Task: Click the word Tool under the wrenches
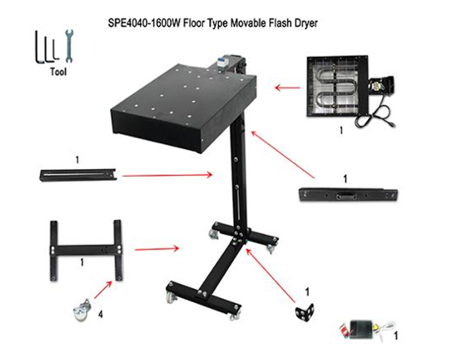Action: coord(58,72)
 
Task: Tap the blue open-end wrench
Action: coord(69,46)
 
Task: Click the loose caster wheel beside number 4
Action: coord(82,310)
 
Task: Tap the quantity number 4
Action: coord(101,314)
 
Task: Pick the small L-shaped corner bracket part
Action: coord(304,312)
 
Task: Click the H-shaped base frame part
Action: coord(86,250)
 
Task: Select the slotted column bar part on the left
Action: coord(78,175)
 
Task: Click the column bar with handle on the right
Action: coord(348,195)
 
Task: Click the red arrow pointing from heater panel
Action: coord(287,87)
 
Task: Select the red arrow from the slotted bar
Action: coord(168,175)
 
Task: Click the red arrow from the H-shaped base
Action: coord(157,249)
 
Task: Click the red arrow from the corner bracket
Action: coord(271,275)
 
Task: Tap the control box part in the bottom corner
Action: coord(367,329)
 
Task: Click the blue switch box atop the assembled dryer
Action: coord(221,63)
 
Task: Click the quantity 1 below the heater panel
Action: coord(341,130)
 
